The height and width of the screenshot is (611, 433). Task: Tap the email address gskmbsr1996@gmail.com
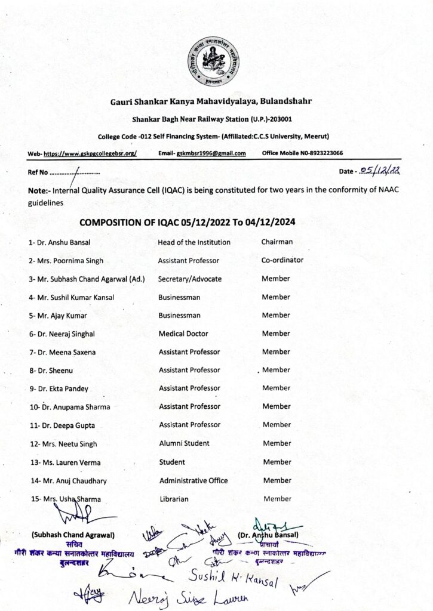[211, 153]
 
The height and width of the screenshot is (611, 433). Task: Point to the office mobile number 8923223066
[323, 153]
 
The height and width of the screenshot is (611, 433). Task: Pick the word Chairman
[277, 242]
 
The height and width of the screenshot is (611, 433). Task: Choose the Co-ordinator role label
[282, 260]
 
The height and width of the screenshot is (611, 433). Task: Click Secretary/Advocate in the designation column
[189, 279]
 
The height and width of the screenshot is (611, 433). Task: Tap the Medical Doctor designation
[183, 334]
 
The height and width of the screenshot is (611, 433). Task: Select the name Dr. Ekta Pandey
[62, 389]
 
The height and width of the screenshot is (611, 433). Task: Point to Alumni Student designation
[184, 443]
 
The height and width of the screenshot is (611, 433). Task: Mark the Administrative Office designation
[193, 480]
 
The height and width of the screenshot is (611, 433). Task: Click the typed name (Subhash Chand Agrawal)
[73, 535]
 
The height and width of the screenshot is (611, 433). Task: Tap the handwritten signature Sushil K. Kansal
[233, 577]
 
